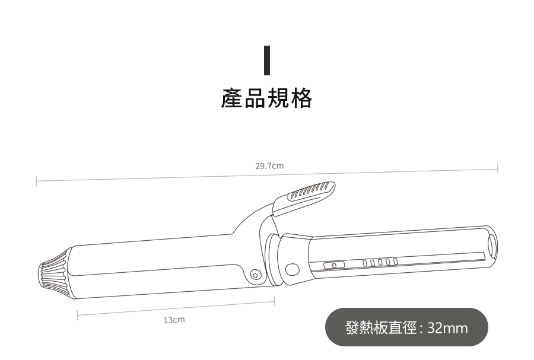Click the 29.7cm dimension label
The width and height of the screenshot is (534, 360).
(269, 166)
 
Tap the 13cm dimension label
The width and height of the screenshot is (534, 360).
(174, 320)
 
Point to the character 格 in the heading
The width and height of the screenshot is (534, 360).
(301, 98)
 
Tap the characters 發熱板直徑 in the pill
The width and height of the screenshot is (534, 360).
(381, 327)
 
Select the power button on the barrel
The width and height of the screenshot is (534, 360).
(333, 265)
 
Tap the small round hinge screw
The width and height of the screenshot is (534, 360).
(256, 275)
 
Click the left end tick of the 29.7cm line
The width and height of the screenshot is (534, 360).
(36, 180)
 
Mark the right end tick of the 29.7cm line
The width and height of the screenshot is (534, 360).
(497, 169)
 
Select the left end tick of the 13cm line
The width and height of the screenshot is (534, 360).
(77, 314)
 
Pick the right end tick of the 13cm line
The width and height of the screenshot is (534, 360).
(274, 301)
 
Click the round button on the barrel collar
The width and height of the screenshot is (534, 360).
(292, 269)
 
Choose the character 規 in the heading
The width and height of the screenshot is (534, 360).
(278, 98)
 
